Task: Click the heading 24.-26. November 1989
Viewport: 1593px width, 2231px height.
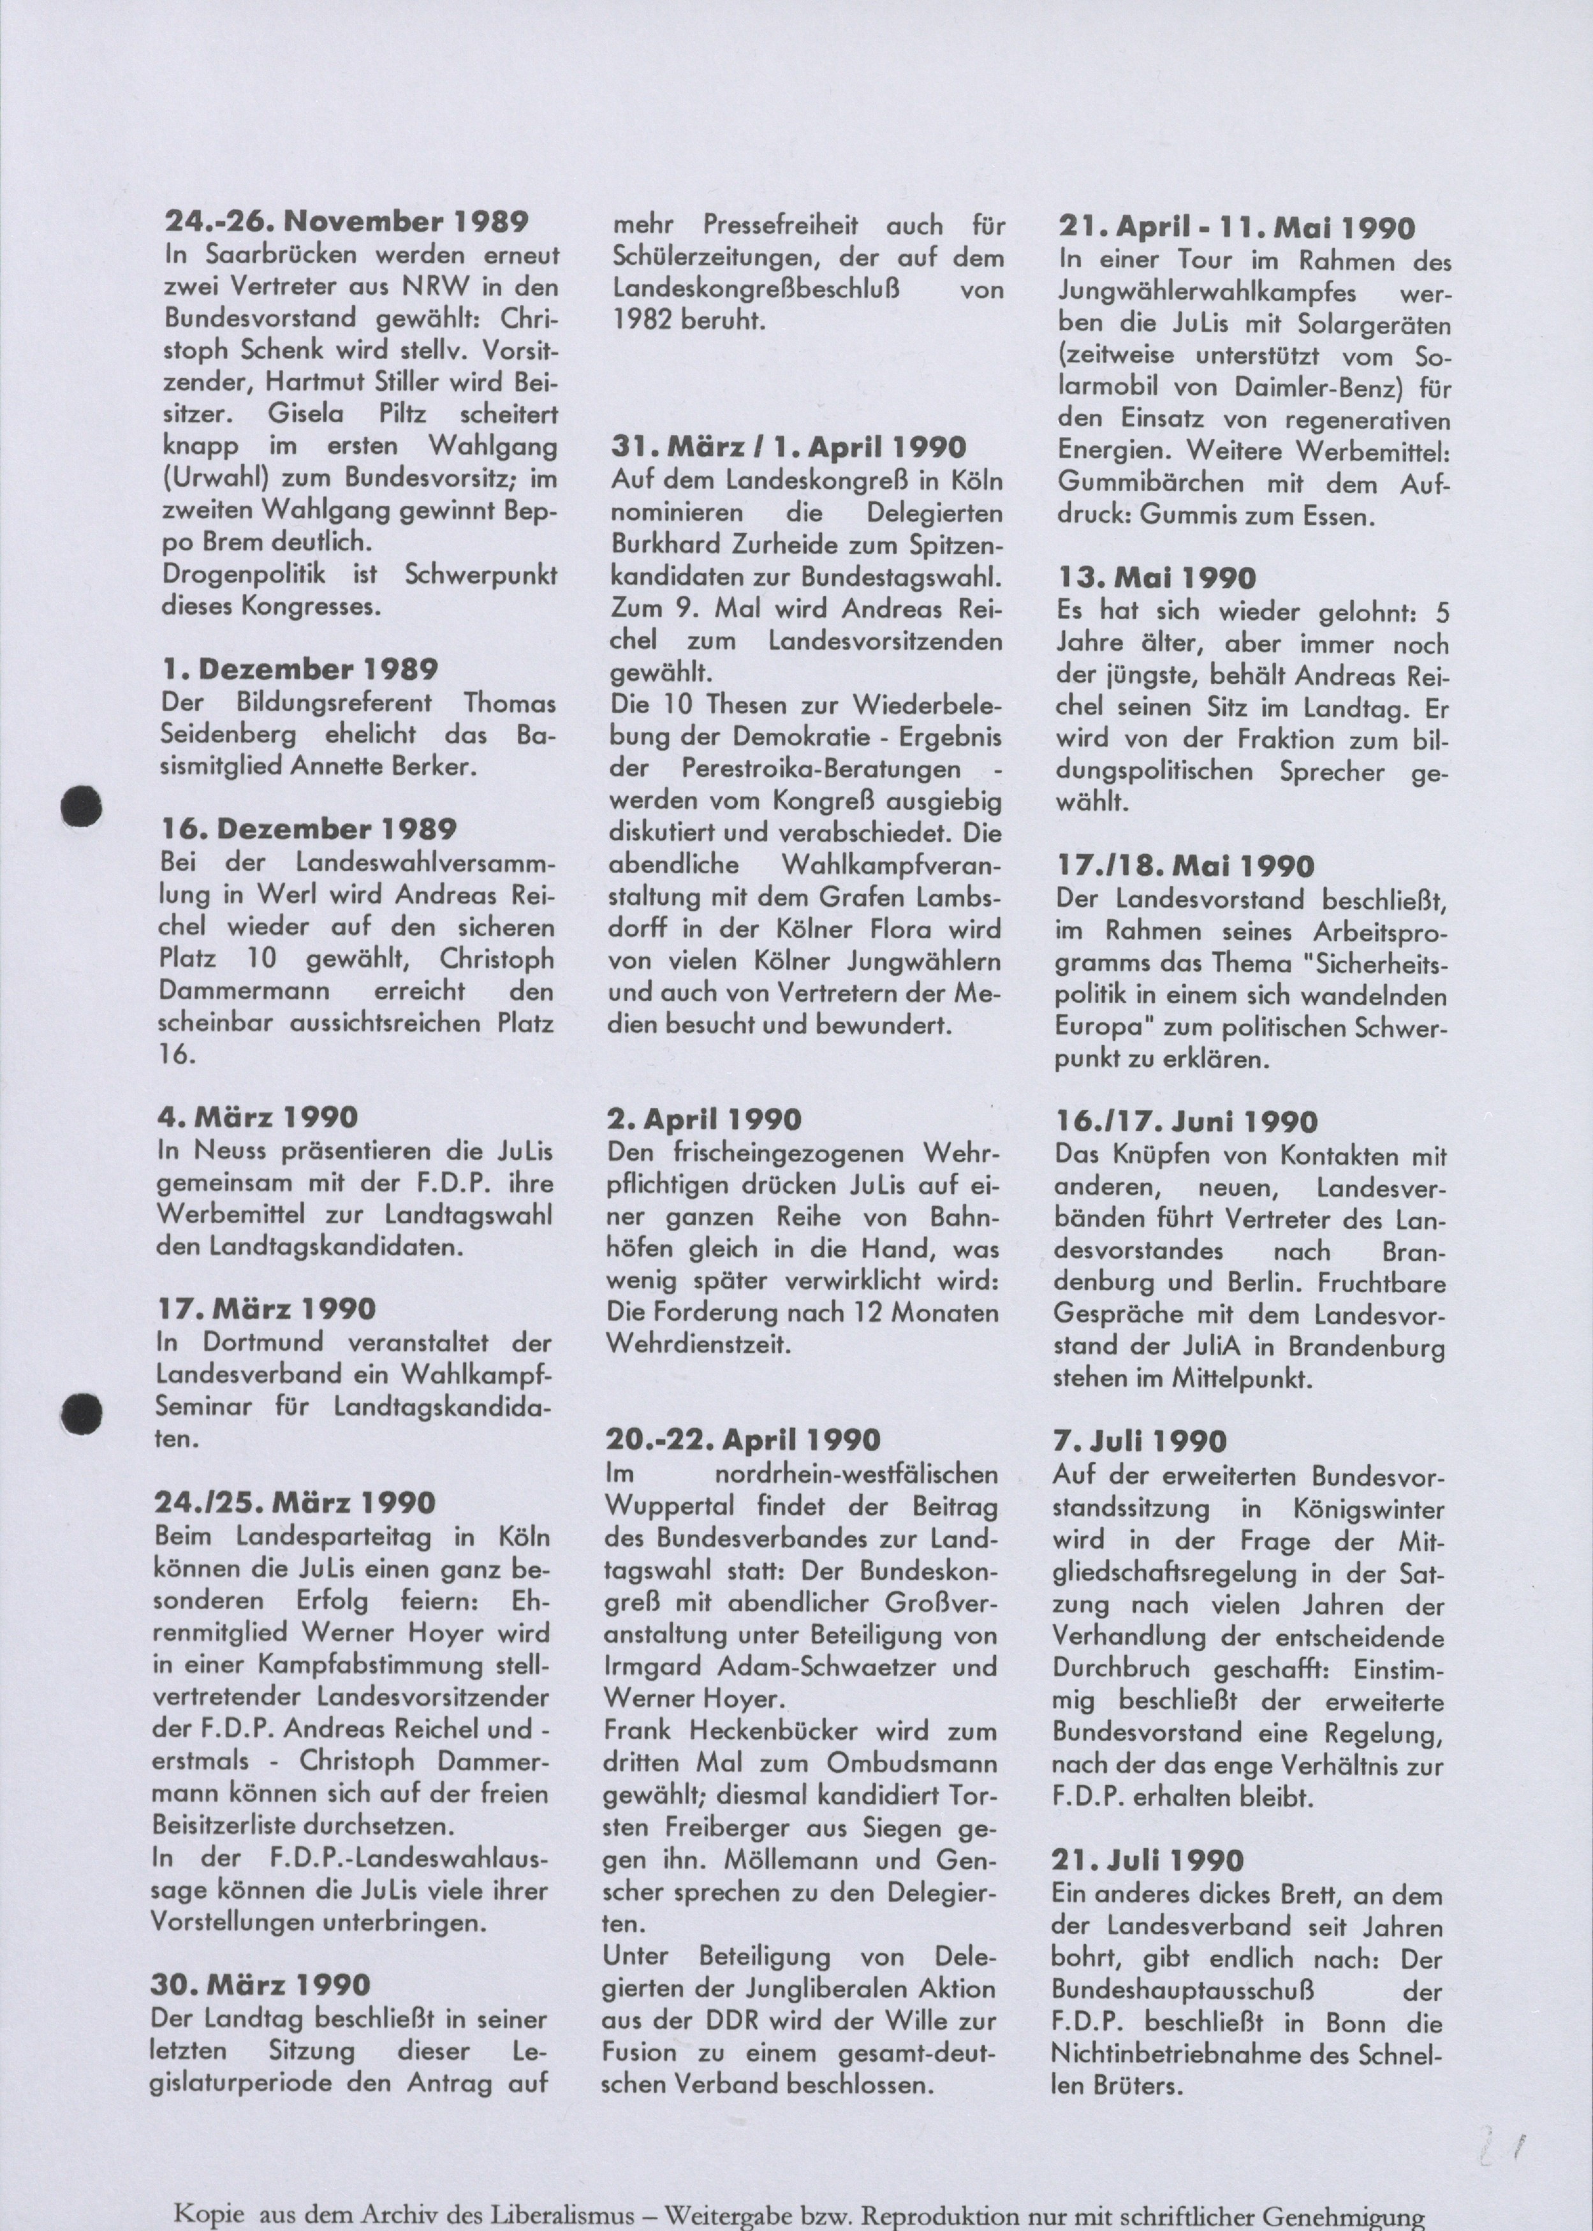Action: (x=346, y=222)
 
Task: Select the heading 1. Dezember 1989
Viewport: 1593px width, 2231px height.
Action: (x=300, y=670)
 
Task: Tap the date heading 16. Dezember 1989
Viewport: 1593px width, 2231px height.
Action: (x=309, y=829)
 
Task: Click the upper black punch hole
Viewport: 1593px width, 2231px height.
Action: (x=82, y=806)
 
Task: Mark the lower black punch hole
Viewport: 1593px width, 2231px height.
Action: (x=82, y=1412)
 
